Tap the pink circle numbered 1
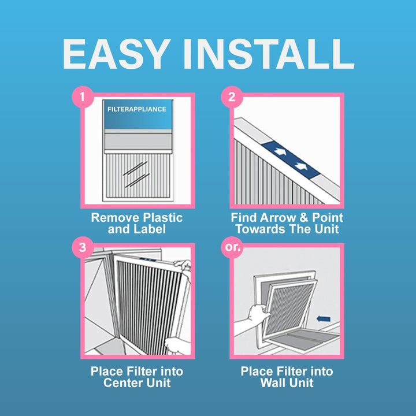pos(83,97)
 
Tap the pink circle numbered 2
pos(232,97)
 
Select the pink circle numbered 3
pos(83,247)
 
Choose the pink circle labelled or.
pos(232,247)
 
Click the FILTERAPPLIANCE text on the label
pos(137,109)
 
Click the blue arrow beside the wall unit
pos(324,318)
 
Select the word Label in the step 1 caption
pos(148,229)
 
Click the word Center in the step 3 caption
pos(122,383)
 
